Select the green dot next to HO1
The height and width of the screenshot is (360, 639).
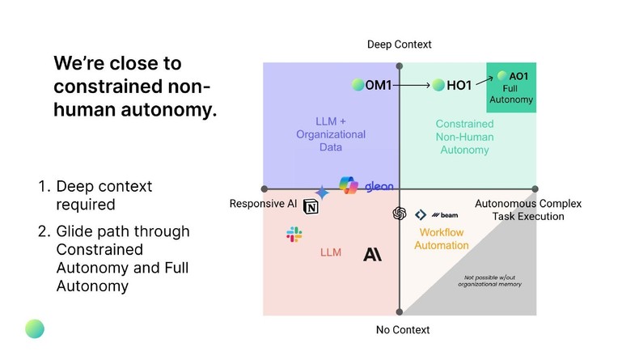438,85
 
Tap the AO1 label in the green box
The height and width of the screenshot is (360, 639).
518,77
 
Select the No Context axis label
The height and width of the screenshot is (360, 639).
403,330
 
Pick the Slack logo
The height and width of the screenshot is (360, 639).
294,235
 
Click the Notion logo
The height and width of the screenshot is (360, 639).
311,209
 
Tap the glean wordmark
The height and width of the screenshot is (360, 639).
378,187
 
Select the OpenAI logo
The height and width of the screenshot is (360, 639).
399,214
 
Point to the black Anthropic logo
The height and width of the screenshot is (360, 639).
372,254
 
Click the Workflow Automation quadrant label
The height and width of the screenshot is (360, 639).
442,239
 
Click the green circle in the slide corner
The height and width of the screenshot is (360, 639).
35,328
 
